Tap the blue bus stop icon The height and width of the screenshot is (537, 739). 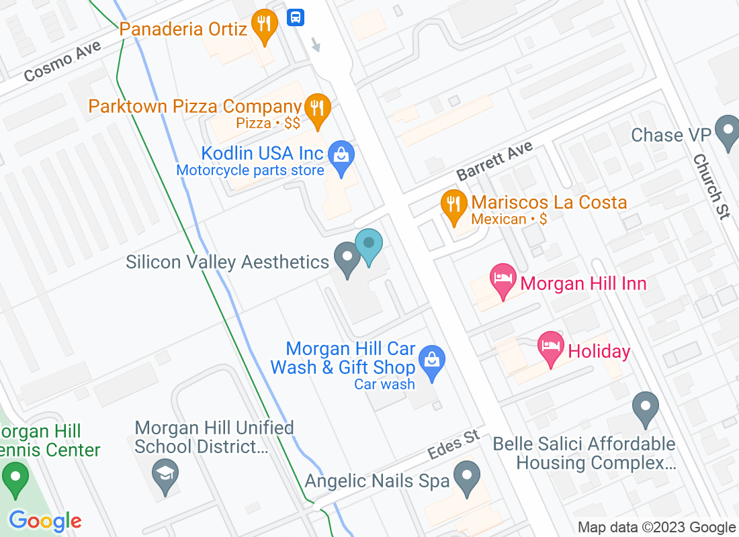296,17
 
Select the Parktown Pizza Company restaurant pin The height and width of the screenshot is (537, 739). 316,109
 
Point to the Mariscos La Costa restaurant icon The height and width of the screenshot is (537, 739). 454,205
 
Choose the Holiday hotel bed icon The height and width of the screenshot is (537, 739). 551,347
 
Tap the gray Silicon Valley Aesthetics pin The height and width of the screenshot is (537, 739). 347,258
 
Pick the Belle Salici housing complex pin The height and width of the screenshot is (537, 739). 646,407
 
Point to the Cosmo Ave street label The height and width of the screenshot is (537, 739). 62,61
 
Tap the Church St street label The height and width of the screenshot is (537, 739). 711,187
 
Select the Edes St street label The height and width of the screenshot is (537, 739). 454,445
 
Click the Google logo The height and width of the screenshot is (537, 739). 45,520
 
